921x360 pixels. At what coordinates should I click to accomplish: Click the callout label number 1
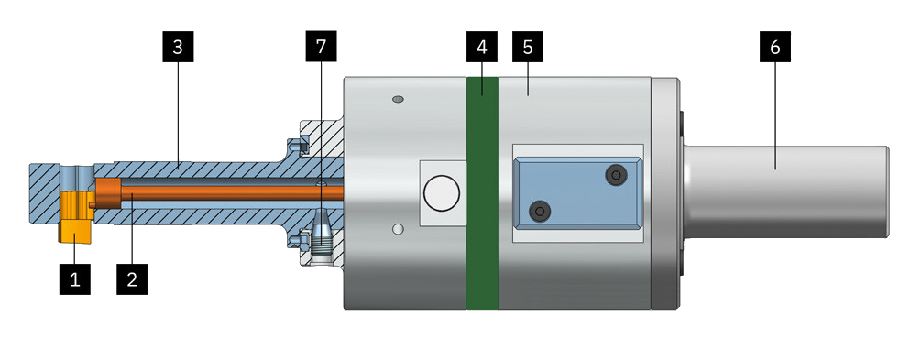(x=74, y=279)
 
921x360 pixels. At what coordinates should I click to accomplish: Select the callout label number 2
(x=132, y=279)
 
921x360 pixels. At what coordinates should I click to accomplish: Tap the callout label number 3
(x=178, y=47)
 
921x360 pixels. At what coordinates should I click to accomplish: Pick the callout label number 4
(x=482, y=47)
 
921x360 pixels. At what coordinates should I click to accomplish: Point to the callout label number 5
(x=528, y=47)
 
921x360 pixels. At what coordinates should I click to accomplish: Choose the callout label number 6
(x=774, y=47)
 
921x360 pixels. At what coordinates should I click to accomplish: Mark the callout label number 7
(x=321, y=47)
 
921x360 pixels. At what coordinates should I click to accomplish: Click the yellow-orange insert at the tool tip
(x=74, y=216)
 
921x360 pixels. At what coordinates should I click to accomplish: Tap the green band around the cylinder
(x=482, y=192)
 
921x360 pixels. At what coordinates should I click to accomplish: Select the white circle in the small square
(x=442, y=193)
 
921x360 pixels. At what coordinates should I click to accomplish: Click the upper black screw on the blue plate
(x=615, y=174)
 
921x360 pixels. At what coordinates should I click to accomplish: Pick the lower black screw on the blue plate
(x=540, y=210)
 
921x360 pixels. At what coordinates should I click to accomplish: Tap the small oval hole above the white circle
(x=398, y=99)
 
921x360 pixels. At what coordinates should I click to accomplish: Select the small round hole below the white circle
(x=399, y=229)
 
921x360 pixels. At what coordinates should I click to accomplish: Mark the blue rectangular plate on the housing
(x=577, y=192)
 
